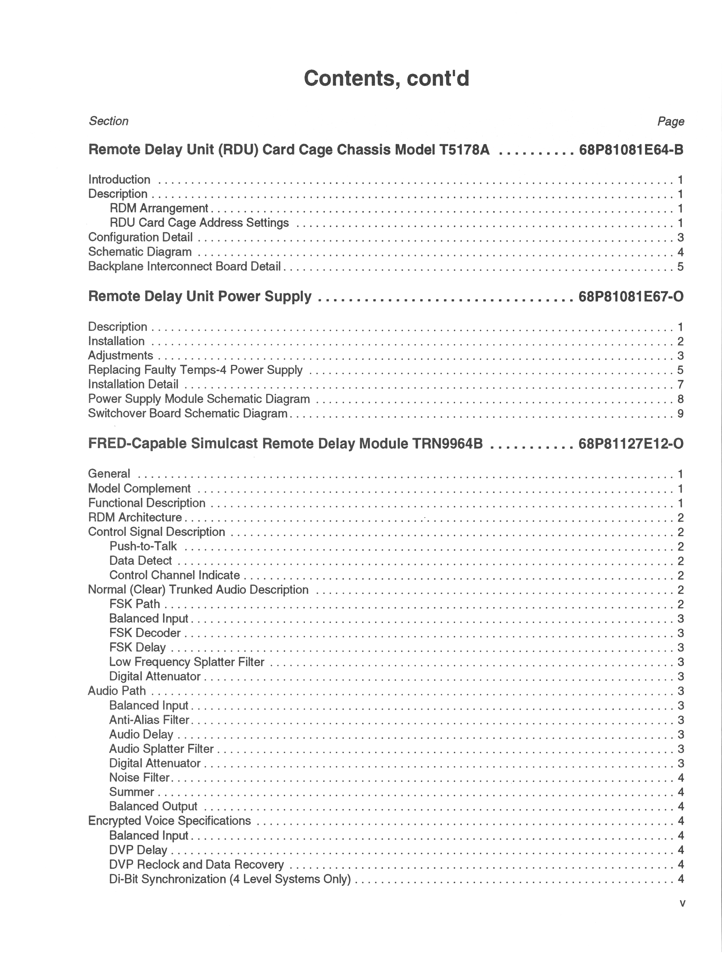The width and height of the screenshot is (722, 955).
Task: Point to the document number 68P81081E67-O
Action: coord(631,297)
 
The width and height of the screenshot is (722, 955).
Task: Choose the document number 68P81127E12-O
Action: coord(631,444)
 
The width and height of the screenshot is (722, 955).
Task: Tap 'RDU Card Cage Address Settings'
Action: coord(199,223)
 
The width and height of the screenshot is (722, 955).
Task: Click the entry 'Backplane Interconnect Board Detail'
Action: coord(184,266)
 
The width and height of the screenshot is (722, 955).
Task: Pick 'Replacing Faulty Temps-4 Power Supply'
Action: coord(195,370)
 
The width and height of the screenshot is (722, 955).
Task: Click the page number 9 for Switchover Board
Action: coord(680,414)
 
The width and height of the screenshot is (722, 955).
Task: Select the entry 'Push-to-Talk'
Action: coord(143,546)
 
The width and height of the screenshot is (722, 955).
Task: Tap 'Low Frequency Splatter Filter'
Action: coord(186,662)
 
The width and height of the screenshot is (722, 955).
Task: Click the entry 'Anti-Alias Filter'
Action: coord(149,720)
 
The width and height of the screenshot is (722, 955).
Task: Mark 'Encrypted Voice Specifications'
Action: coord(169,821)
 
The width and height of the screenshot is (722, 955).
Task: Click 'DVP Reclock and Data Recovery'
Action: coord(196,864)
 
